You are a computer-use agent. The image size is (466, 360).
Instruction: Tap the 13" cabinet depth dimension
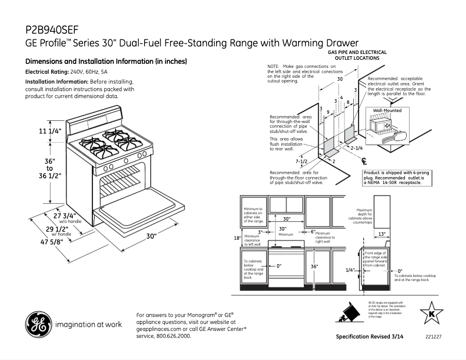[382, 233]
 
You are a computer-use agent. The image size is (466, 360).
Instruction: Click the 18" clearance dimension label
[236, 239]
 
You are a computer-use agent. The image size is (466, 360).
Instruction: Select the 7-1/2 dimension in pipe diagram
[302, 161]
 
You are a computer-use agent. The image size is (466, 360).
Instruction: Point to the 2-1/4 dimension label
[356, 148]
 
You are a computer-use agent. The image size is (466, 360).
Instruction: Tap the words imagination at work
[88, 324]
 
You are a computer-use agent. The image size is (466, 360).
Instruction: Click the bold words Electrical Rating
[46, 71]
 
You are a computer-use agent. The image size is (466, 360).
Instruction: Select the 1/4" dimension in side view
[349, 270]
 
